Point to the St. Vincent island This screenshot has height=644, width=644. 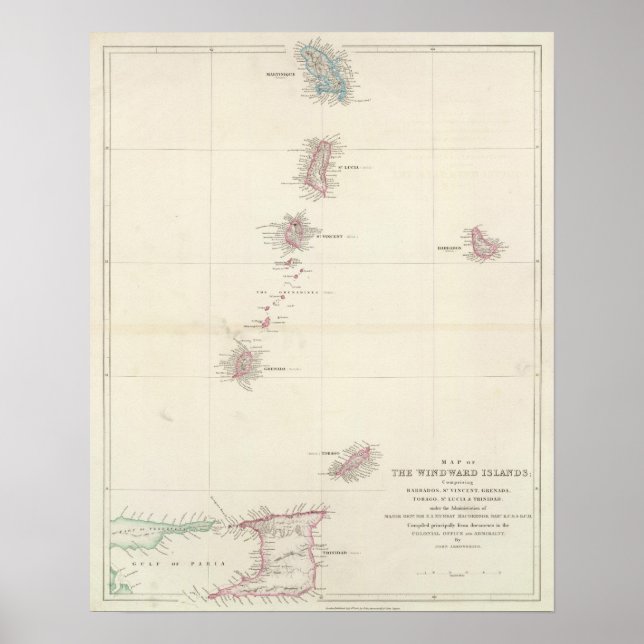point(296,234)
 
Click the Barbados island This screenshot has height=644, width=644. point(488,243)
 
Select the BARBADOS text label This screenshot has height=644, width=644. point(448,246)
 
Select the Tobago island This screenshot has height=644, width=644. point(352,463)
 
